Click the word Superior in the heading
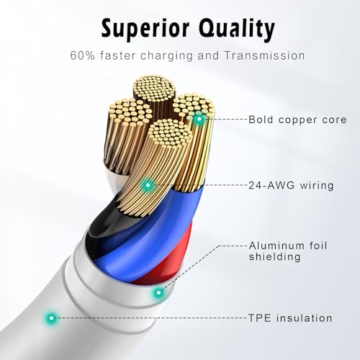[x=145, y=29]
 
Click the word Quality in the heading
[x=237, y=29]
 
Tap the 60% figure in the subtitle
[x=83, y=55]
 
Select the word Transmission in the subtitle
[x=265, y=55]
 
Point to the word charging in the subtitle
[x=166, y=56]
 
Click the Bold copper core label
[x=297, y=120]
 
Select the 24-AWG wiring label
[x=291, y=185]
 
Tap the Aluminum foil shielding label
[x=288, y=251]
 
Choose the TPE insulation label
[x=290, y=318]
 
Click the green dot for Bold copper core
[x=199, y=119]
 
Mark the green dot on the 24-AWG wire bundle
[x=148, y=185]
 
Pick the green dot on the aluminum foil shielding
[x=158, y=292]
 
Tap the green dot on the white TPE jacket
[x=51, y=318]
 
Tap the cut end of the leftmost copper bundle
[x=130, y=111]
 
